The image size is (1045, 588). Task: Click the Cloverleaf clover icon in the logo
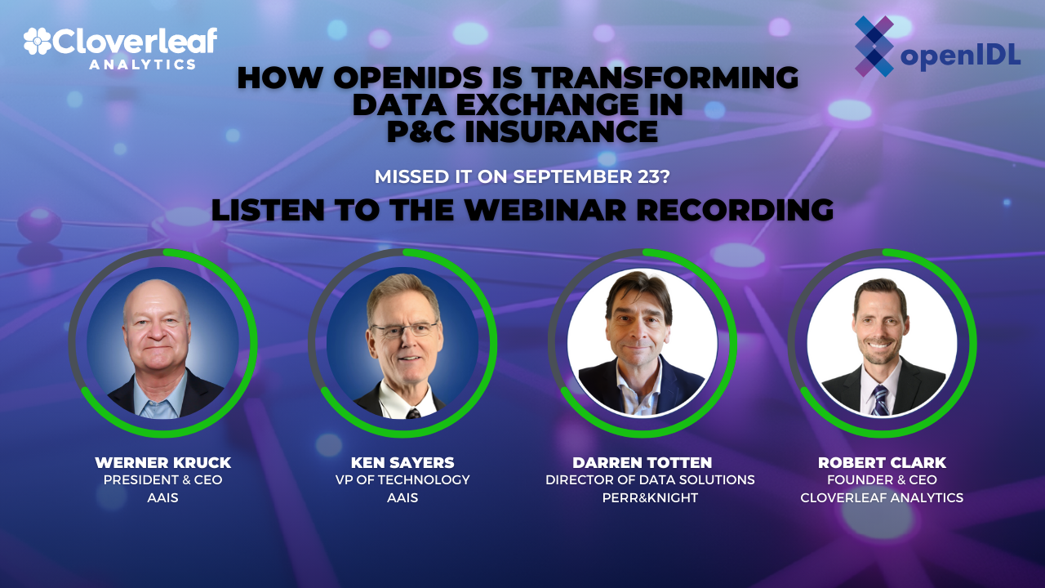(x=38, y=42)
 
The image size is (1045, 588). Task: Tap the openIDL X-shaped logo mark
(x=874, y=47)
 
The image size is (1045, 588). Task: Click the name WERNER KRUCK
(x=162, y=463)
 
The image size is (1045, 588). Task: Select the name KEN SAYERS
(x=402, y=463)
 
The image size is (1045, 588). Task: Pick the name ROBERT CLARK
(x=882, y=463)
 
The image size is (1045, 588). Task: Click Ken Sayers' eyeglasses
(x=404, y=330)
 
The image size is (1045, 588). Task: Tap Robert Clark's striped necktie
(x=880, y=399)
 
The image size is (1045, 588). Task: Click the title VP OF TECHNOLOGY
(x=402, y=480)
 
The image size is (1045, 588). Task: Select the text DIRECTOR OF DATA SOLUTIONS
(x=650, y=480)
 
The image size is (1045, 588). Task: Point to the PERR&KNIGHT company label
(x=650, y=497)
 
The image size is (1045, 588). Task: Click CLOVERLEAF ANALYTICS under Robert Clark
(x=882, y=497)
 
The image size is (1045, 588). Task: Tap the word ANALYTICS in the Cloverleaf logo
(x=142, y=64)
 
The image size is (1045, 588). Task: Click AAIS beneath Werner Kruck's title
(x=162, y=497)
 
